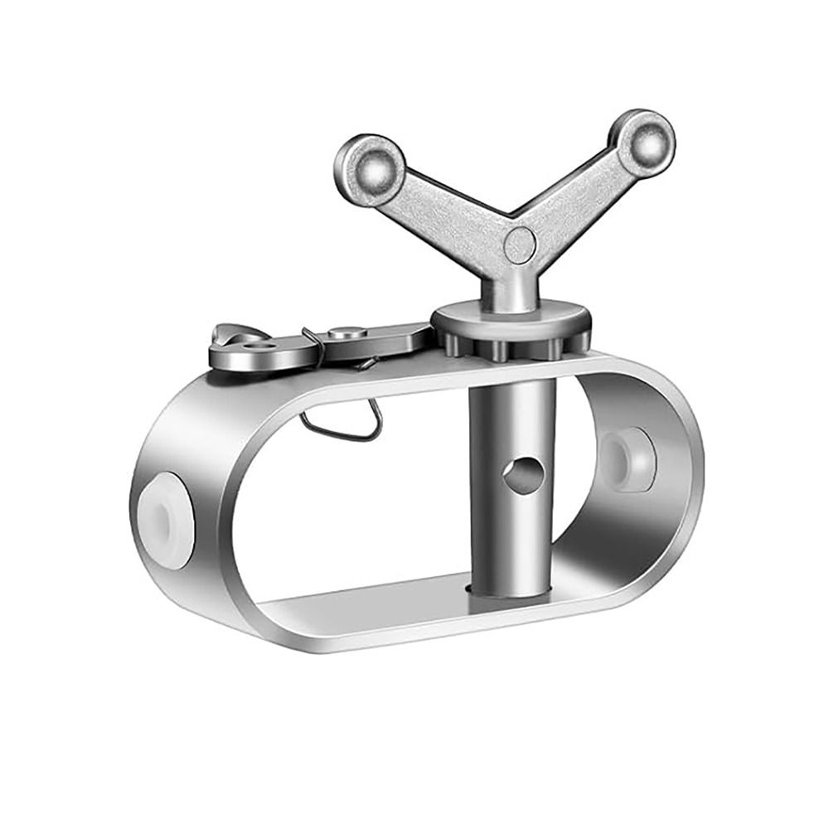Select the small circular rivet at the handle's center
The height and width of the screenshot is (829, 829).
coord(520,245)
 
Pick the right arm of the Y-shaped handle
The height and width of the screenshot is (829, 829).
coord(580,195)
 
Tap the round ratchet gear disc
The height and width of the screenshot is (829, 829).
coord(510,319)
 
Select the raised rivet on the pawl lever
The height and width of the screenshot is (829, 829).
coord(347,333)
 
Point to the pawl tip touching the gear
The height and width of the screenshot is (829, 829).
coord(419,335)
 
